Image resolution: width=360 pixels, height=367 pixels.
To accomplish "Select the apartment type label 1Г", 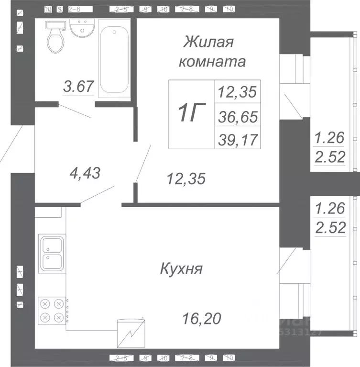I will [191, 113].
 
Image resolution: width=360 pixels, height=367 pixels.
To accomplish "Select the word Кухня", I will [181, 269].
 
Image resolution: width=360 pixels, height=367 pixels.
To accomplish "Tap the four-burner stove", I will [52, 310].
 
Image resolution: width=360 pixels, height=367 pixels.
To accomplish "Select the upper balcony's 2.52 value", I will [329, 157].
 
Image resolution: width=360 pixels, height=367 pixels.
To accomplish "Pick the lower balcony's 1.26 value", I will [329, 209].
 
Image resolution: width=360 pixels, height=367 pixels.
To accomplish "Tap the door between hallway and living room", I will [143, 163].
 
